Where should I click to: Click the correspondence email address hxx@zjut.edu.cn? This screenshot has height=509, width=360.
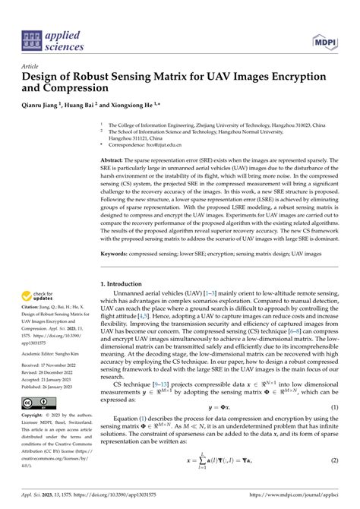160,144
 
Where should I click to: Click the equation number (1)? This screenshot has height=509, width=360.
334,428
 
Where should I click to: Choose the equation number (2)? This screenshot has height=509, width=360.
334,482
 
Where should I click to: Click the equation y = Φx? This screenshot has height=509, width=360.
219,428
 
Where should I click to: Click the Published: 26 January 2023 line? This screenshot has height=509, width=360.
52,386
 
